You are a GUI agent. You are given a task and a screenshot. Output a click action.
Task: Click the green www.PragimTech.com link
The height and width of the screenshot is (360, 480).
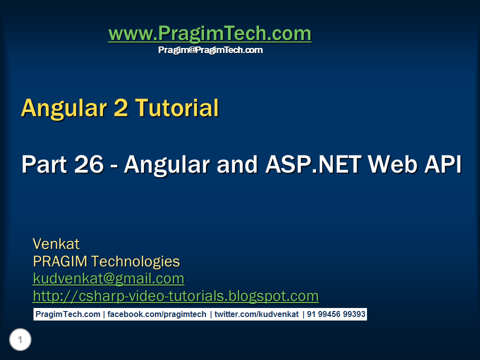pyautogui.click(x=209, y=34)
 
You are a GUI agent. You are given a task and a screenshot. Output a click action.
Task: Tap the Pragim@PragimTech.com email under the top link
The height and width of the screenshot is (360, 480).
pyautogui.click(x=210, y=50)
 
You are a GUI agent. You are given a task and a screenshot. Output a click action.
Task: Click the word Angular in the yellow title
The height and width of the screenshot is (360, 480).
pyautogui.click(x=65, y=108)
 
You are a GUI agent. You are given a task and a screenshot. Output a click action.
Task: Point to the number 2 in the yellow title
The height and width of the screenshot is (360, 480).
pyautogui.click(x=121, y=108)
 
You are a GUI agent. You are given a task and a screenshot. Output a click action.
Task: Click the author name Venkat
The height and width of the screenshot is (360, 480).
pyautogui.click(x=56, y=244)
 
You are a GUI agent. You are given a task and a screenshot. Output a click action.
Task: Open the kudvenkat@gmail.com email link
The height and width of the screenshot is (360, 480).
pyautogui.click(x=108, y=278)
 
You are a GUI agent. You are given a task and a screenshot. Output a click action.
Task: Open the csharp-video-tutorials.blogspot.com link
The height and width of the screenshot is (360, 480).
pyautogui.click(x=175, y=296)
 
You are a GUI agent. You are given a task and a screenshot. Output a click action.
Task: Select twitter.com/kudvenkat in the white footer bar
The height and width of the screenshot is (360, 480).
pyautogui.click(x=256, y=314)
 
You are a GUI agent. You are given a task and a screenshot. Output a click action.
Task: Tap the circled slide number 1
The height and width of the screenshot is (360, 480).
pyautogui.click(x=20, y=340)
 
